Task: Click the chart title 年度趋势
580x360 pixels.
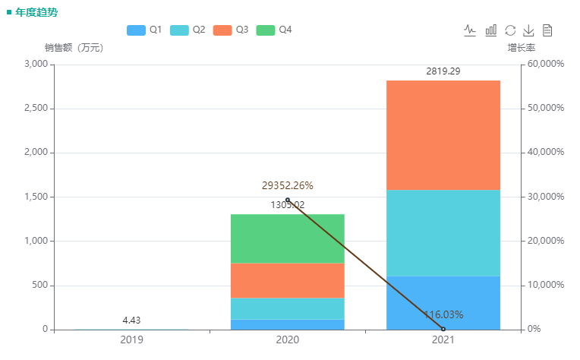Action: tap(36, 13)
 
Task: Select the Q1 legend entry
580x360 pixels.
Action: tap(144, 30)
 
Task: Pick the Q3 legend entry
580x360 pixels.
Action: tap(231, 30)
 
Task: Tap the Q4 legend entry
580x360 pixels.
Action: tap(274, 30)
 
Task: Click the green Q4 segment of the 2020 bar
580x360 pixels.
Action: tap(287, 238)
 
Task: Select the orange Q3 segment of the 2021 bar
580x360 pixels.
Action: tap(443, 134)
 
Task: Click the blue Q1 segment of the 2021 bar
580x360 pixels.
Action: tap(443, 302)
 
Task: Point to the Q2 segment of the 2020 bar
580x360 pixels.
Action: tap(287, 308)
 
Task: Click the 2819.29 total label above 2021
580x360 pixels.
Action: tap(443, 71)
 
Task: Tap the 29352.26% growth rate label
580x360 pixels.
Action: tap(287, 185)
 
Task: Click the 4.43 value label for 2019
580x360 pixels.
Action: tap(132, 321)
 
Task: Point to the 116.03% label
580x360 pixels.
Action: tap(443, 314)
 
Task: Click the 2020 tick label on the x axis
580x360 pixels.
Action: tap(287, 340)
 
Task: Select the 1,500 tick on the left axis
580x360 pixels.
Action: tap(36, 197)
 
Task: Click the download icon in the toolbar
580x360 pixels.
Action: tap(529, 30)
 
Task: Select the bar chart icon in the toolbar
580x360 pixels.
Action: tap(491, 30)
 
